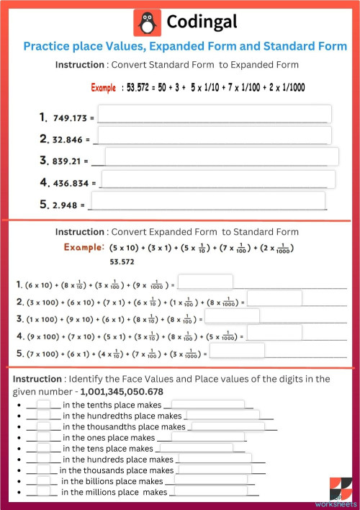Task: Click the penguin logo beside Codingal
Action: click(x=148, y=23)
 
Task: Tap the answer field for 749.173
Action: click(x=215, y=115)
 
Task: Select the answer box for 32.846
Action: click(x=214, y=135)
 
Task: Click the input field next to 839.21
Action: click(x=222, y=157)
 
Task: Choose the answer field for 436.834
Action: click(x=218, y=179)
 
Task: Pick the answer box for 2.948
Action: click(x=207, y=201)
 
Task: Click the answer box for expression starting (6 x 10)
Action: click(x=205, y=282)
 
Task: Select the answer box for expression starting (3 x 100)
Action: click(x=274, y=298)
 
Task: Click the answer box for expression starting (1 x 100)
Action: click(x=232, y=316)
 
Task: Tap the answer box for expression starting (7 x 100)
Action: click(x=237, y=351)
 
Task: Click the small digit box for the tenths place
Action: click(x=44, y=405)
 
